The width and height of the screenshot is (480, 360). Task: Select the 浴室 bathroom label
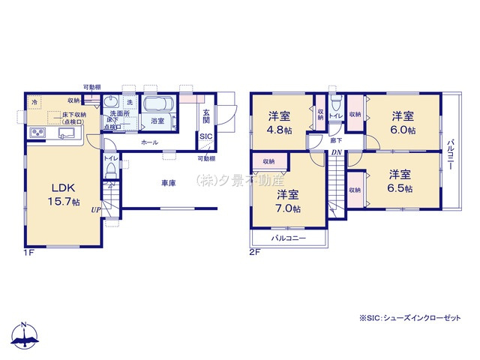coord(157,121)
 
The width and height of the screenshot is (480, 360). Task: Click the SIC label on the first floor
coord(205,137)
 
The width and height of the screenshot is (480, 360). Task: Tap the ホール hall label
coord(148,141)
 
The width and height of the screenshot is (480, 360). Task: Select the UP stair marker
coord(96,211)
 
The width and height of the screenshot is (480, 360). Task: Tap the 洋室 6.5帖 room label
coord(400,181)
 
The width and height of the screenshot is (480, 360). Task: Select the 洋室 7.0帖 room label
coord(288,201)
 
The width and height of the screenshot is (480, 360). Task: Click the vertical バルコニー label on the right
coord(451,155)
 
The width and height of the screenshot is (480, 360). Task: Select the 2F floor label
coord(255,253)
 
